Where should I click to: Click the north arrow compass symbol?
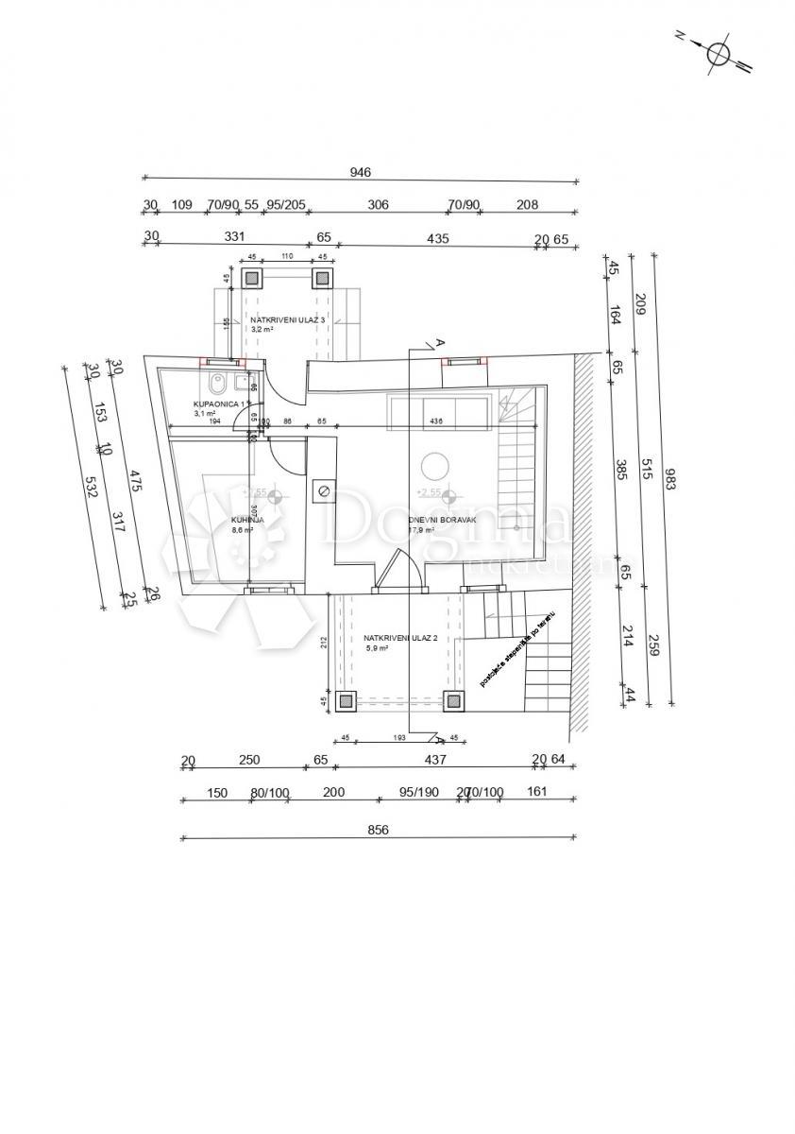point(719,53)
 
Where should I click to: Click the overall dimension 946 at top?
point(360,172)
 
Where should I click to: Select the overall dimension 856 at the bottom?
point(378,830)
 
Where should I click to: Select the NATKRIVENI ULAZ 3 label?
point(288,320)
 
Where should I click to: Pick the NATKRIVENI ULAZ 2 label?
point(400,639)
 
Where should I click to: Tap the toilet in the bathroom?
point(218,385)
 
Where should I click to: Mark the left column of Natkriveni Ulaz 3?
point(251,278)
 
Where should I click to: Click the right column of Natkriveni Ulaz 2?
point(454,701)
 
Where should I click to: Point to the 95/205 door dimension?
point(285,204)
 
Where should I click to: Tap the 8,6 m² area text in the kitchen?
point(244,531)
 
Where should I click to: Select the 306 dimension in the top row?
point(378,204)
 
